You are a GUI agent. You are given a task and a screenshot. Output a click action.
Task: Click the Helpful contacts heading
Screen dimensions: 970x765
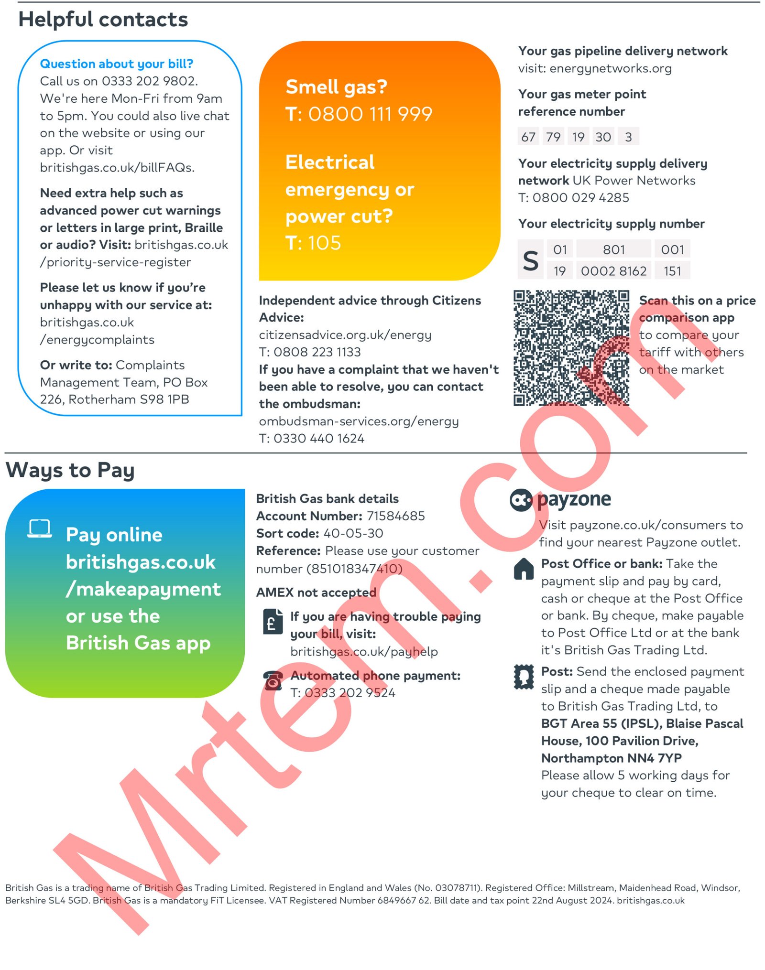103,20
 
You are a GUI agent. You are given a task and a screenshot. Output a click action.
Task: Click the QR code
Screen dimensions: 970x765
571,347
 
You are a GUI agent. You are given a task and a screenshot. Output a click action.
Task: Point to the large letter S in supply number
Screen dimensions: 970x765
530,261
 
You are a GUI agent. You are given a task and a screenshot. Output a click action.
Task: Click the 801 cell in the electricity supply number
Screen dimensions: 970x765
613,249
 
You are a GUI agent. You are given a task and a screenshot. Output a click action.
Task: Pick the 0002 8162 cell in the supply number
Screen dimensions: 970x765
613,271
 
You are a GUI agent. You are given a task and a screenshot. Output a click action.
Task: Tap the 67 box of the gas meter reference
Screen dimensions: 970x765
528,137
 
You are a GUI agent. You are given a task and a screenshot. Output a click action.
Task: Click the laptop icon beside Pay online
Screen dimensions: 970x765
40,528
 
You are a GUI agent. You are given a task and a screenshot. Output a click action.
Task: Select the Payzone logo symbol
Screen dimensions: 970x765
521,500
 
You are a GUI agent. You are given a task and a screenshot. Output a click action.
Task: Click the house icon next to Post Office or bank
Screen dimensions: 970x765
524,569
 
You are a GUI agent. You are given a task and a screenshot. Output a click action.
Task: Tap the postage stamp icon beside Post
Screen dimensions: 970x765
524,677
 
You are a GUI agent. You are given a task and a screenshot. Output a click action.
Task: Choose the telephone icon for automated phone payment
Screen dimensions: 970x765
273,680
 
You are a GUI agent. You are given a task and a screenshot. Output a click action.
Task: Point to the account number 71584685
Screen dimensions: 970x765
395,516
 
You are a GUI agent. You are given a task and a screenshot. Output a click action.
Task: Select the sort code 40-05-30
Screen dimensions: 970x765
353,533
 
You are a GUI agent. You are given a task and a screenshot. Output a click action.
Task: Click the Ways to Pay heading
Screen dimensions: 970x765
70,470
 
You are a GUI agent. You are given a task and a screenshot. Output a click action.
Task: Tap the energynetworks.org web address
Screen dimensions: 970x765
610,68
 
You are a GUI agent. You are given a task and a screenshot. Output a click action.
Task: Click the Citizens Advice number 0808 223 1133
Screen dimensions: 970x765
317,352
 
